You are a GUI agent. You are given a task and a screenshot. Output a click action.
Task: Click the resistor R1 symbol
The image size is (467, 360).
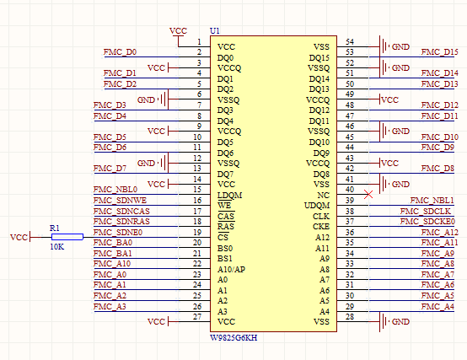67,238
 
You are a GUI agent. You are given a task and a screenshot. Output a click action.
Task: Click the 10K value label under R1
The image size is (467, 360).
56,248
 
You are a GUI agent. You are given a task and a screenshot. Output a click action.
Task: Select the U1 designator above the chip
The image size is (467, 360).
215,30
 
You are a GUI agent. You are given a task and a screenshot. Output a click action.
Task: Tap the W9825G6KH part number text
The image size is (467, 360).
233,338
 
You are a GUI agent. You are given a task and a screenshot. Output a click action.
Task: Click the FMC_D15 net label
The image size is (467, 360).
438,52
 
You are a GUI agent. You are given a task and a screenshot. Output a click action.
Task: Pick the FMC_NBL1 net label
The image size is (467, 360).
437,200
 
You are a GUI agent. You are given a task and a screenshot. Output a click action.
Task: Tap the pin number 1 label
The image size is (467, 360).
199,42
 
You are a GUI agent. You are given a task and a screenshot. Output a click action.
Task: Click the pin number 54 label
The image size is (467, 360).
350,41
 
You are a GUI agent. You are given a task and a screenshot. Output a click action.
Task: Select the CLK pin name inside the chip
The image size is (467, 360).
321,216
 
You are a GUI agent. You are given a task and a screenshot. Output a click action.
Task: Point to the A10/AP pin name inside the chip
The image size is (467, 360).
231,269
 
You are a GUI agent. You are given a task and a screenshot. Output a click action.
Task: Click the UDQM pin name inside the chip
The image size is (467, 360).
317,206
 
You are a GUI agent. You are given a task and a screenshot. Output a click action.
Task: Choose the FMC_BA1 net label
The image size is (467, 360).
112,253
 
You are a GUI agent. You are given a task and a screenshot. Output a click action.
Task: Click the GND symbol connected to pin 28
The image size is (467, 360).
386,322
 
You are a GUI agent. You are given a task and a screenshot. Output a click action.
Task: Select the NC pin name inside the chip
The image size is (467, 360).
324,195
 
